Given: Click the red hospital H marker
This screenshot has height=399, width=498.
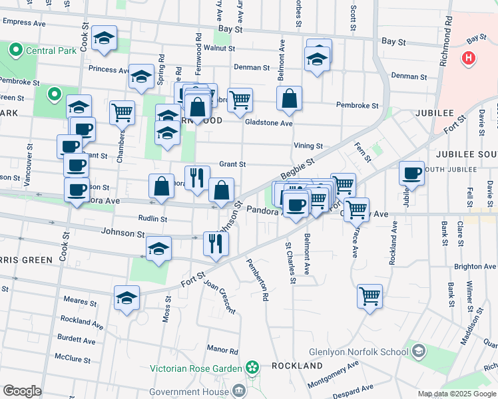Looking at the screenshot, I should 469,59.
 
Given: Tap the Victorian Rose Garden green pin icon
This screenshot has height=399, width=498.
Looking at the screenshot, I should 252,366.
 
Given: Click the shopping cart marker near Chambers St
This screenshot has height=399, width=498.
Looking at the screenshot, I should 123,112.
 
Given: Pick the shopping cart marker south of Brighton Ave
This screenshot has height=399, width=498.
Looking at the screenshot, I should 370,295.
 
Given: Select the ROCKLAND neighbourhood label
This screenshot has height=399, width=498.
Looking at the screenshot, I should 297,366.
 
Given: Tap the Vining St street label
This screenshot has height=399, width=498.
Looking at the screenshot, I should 308,146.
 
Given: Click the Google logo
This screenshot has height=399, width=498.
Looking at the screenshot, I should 22,391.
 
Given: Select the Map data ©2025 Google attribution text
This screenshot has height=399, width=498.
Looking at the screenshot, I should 457,394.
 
